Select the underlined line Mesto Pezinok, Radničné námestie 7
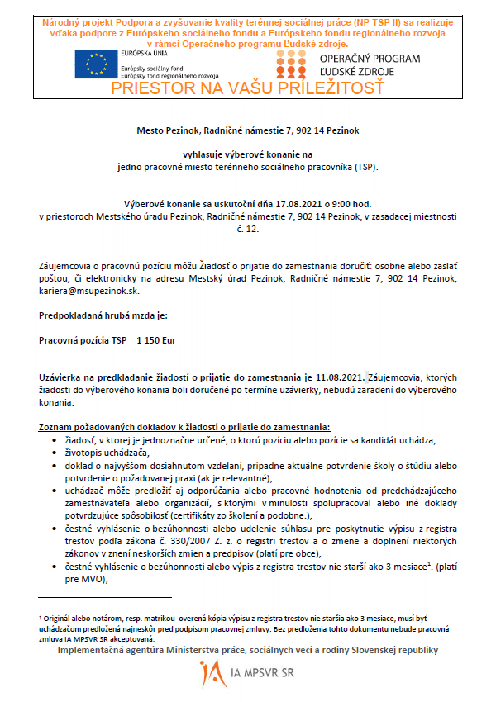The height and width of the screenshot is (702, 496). click(x=247, y=130)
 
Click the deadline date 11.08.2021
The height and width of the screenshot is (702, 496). click(x=341, y=377)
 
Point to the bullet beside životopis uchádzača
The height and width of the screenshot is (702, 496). click(x=55, y=453)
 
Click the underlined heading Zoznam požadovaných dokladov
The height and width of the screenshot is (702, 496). click(x=184, y=427)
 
